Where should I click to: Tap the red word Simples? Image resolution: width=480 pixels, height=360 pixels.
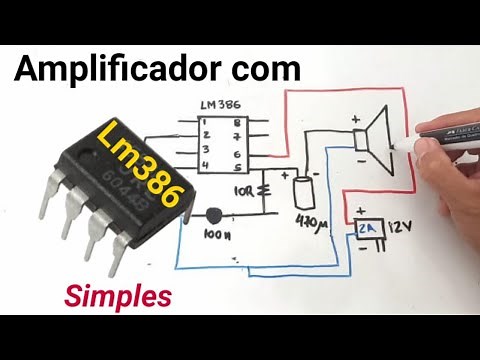[118, 295]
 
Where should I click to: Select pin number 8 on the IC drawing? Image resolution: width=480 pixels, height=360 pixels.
[236, 123]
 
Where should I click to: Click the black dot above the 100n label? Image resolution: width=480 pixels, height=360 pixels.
[213, 215]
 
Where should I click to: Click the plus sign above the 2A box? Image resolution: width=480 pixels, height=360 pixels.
[357, 211]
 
